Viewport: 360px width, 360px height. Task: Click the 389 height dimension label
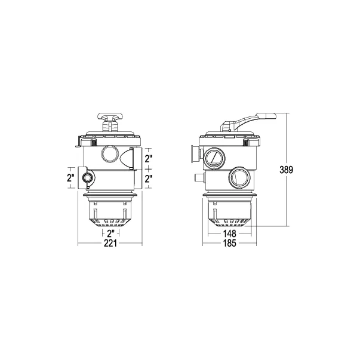[x=287, y=170]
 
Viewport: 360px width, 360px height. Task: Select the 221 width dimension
[x=110, y=243]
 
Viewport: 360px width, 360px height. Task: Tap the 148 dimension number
[x=230, y=233]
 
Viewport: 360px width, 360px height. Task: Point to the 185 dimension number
[x=230, y=243]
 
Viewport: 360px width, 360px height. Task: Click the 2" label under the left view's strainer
[x=110, y=233]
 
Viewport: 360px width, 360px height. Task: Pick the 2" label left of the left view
[x=70, y=178]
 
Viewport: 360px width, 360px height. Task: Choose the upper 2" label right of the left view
[x=149, y=158]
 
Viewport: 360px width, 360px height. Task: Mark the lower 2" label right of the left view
[x=149, y=179]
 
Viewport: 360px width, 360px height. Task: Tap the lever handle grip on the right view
[x=266, y=116]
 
